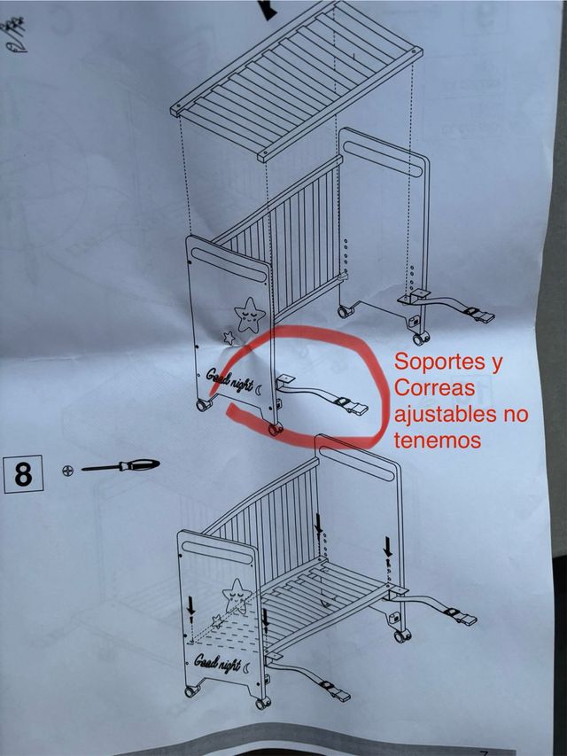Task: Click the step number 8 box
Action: coord(23,474)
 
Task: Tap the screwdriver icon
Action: coord(120,466)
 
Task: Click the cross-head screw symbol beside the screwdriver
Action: coord(68,471)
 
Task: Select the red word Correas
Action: coord(435,388)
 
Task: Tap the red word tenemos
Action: coord(438,440)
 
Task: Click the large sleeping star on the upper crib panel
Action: coord(249,315)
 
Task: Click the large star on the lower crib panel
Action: coord(237,596)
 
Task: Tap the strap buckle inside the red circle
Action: coord(352,406)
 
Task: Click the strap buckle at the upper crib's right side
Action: coord(479,314)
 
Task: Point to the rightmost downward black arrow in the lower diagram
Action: coord(388,547)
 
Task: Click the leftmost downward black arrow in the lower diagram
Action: coord(191,605)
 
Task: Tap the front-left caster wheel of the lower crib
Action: coord(192,691)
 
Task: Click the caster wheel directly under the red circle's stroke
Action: coord(276,429)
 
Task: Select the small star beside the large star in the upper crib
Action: coord(229,338)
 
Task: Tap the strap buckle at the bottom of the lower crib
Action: coord(334,691)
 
